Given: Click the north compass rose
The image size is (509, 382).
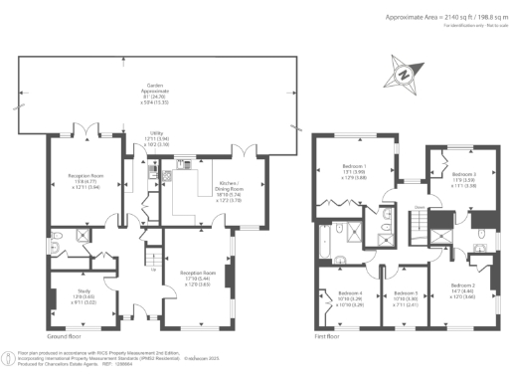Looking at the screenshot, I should (x=404, y=74).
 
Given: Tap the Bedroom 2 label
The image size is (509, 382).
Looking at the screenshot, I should (x=462, y=292).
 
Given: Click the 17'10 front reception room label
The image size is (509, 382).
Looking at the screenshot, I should (x=194, y=278).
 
